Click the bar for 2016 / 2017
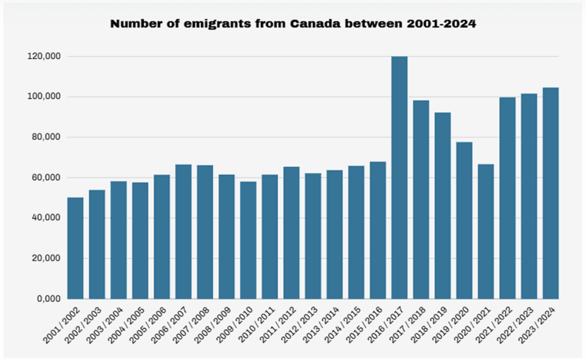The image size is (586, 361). (399, 178)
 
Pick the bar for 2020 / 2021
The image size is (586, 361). (486, 231)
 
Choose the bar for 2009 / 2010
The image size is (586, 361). (248, 240)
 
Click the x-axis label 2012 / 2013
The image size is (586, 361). (303, 325)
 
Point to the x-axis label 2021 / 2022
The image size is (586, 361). (497, 325)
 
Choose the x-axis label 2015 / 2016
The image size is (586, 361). (367, 325)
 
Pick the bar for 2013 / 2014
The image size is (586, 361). (335, 234)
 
